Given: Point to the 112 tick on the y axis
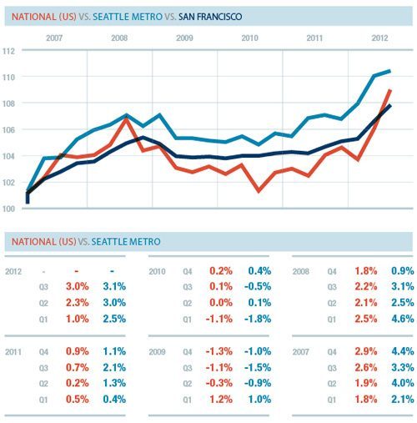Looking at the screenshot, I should point(9,51).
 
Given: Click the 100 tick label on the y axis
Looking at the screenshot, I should point(9,209).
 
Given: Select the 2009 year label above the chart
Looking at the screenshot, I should point(184,38).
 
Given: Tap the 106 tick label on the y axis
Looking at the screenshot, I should point(9,129).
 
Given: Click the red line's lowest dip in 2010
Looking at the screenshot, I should point(259,191).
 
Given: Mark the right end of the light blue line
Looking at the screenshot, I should point(390,71).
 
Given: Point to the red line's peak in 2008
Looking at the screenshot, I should point(126,118).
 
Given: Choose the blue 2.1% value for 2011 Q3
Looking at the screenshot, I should point(115,370).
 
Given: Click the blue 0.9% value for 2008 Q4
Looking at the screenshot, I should point(399,272).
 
